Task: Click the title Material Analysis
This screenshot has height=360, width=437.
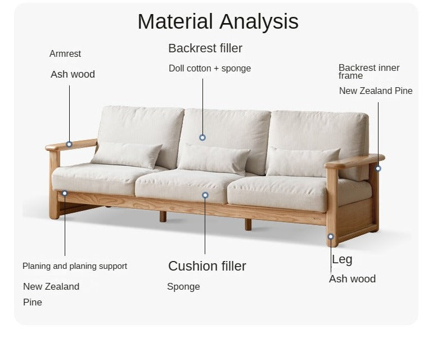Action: click(x=218, y=22)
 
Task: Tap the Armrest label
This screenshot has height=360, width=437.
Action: click(x=65, y=53)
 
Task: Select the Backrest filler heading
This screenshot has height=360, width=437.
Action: click(x=205, y=48)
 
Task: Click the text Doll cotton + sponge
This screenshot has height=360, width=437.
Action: click(x=210, y=68)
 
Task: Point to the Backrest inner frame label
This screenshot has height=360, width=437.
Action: click(x=369, y=71)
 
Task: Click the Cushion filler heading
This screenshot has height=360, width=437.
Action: click(x=207, y=266)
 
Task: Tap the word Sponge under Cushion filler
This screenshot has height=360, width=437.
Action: click(x=183, y=287)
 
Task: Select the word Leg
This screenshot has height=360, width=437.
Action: click(x=342, y=260)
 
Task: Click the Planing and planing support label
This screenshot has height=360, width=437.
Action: click(x=75, y=266)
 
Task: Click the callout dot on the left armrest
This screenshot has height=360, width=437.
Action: click(x=69, y=145)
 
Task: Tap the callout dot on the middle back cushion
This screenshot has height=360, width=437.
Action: click(x=202, y=138)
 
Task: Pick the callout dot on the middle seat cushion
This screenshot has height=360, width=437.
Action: click(x=205, y=195)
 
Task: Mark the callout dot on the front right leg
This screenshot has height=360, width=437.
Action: click(x=331, y=237)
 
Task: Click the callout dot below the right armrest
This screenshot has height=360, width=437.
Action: click(x=378, y=169)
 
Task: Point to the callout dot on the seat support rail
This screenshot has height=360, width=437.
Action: click(x=65, y=193)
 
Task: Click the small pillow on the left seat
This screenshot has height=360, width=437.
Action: click(x=127, y=155)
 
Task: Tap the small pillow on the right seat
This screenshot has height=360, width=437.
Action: click(x=303, y=162)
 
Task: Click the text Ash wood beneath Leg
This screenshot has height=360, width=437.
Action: click(x=352, y=279)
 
